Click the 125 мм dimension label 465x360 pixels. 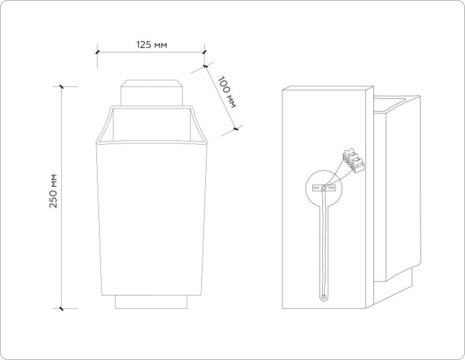pos(151,45)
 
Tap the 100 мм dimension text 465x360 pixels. pos(227,92)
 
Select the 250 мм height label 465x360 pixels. pos(54,191)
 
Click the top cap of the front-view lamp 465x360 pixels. pos(151,93)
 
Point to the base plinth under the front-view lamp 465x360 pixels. pos(151,302)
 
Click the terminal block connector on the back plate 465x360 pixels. pos(353,160)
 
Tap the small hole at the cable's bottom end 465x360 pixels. pos(324,296)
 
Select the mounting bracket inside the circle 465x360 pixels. pos(324,188)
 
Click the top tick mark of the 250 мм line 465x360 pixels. pos(61,86)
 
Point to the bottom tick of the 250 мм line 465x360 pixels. pos(61,308)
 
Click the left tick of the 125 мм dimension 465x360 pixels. pos(97,52)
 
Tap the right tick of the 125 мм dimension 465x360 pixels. pos(204,52)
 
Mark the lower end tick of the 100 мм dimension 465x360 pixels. pos(236,129)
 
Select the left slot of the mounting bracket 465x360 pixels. pos(317,188)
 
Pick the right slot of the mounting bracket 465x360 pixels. pos(331,188)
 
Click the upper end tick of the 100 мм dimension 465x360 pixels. pos(205,66)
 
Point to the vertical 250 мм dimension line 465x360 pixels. pos(61,197)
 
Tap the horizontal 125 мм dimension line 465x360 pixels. pos(150,52)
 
